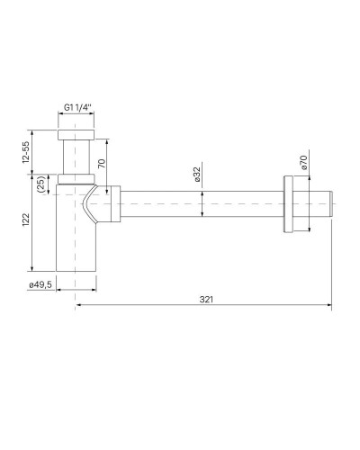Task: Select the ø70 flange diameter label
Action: point(303,163)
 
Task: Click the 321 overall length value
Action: point(206,300)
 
